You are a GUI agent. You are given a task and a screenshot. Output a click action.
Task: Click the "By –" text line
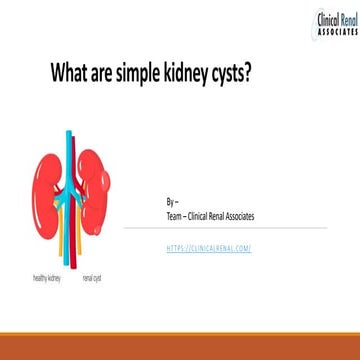[171, 201]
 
